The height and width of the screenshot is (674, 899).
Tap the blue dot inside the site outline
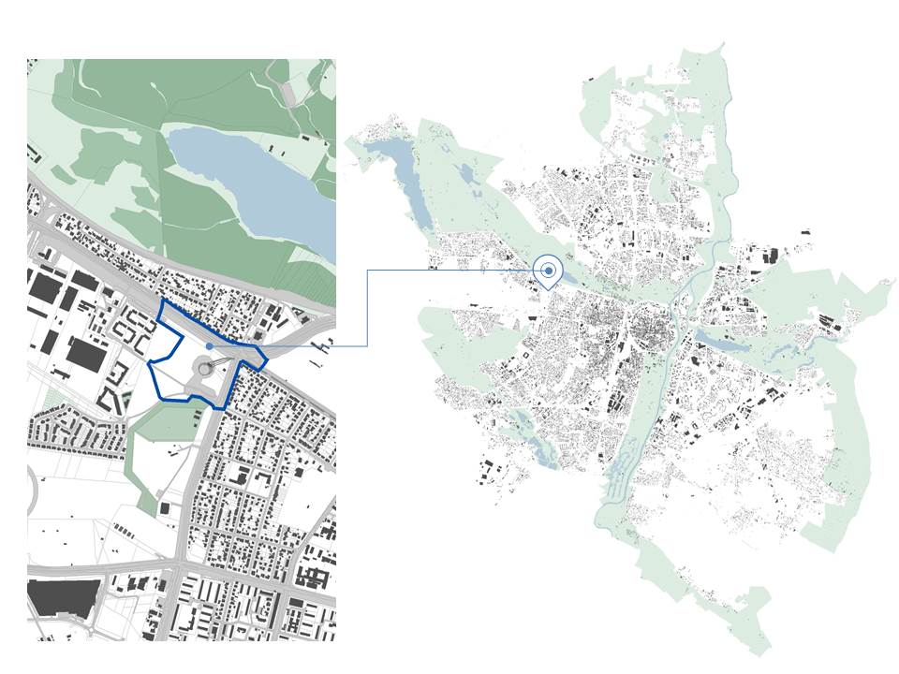click(209, 346)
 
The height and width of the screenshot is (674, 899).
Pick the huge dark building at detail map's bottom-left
click(64, 597)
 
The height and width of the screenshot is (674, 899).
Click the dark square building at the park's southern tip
click(166, 507)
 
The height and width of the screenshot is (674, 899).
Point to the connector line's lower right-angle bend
click(366, 346)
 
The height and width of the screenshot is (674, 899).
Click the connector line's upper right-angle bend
click(366, 271)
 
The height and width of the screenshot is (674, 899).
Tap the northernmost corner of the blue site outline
click(163, 301)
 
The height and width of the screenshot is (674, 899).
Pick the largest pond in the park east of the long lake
click(465, 173)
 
